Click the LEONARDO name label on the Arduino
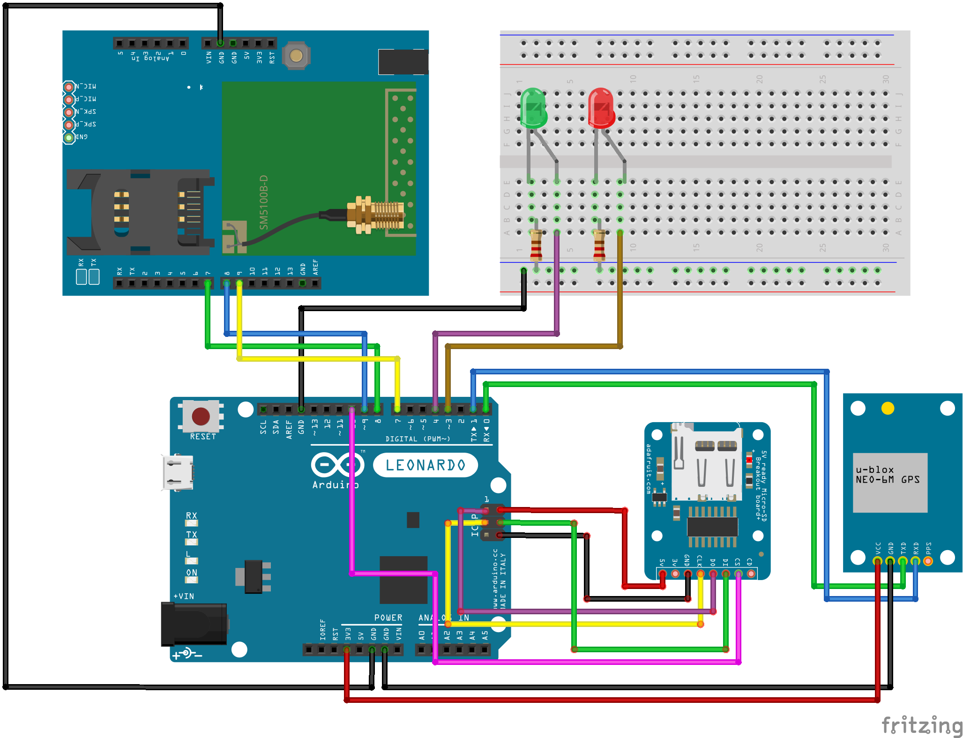tap(425, 465)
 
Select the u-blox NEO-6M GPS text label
tap(888, 475)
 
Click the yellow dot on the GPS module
tap(888, 409)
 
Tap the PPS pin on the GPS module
tap(928, 561)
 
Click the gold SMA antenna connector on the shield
tap(375, 215)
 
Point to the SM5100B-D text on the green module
tap(264, 202)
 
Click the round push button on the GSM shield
tap(296, 56)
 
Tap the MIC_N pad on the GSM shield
tap(69, 87)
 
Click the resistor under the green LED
tap(536, 245)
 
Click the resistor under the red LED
tap(599, 245)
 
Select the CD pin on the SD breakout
tap(751, 574)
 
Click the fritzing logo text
tap(921, 725)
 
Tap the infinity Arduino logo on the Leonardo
tap(337, 465)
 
